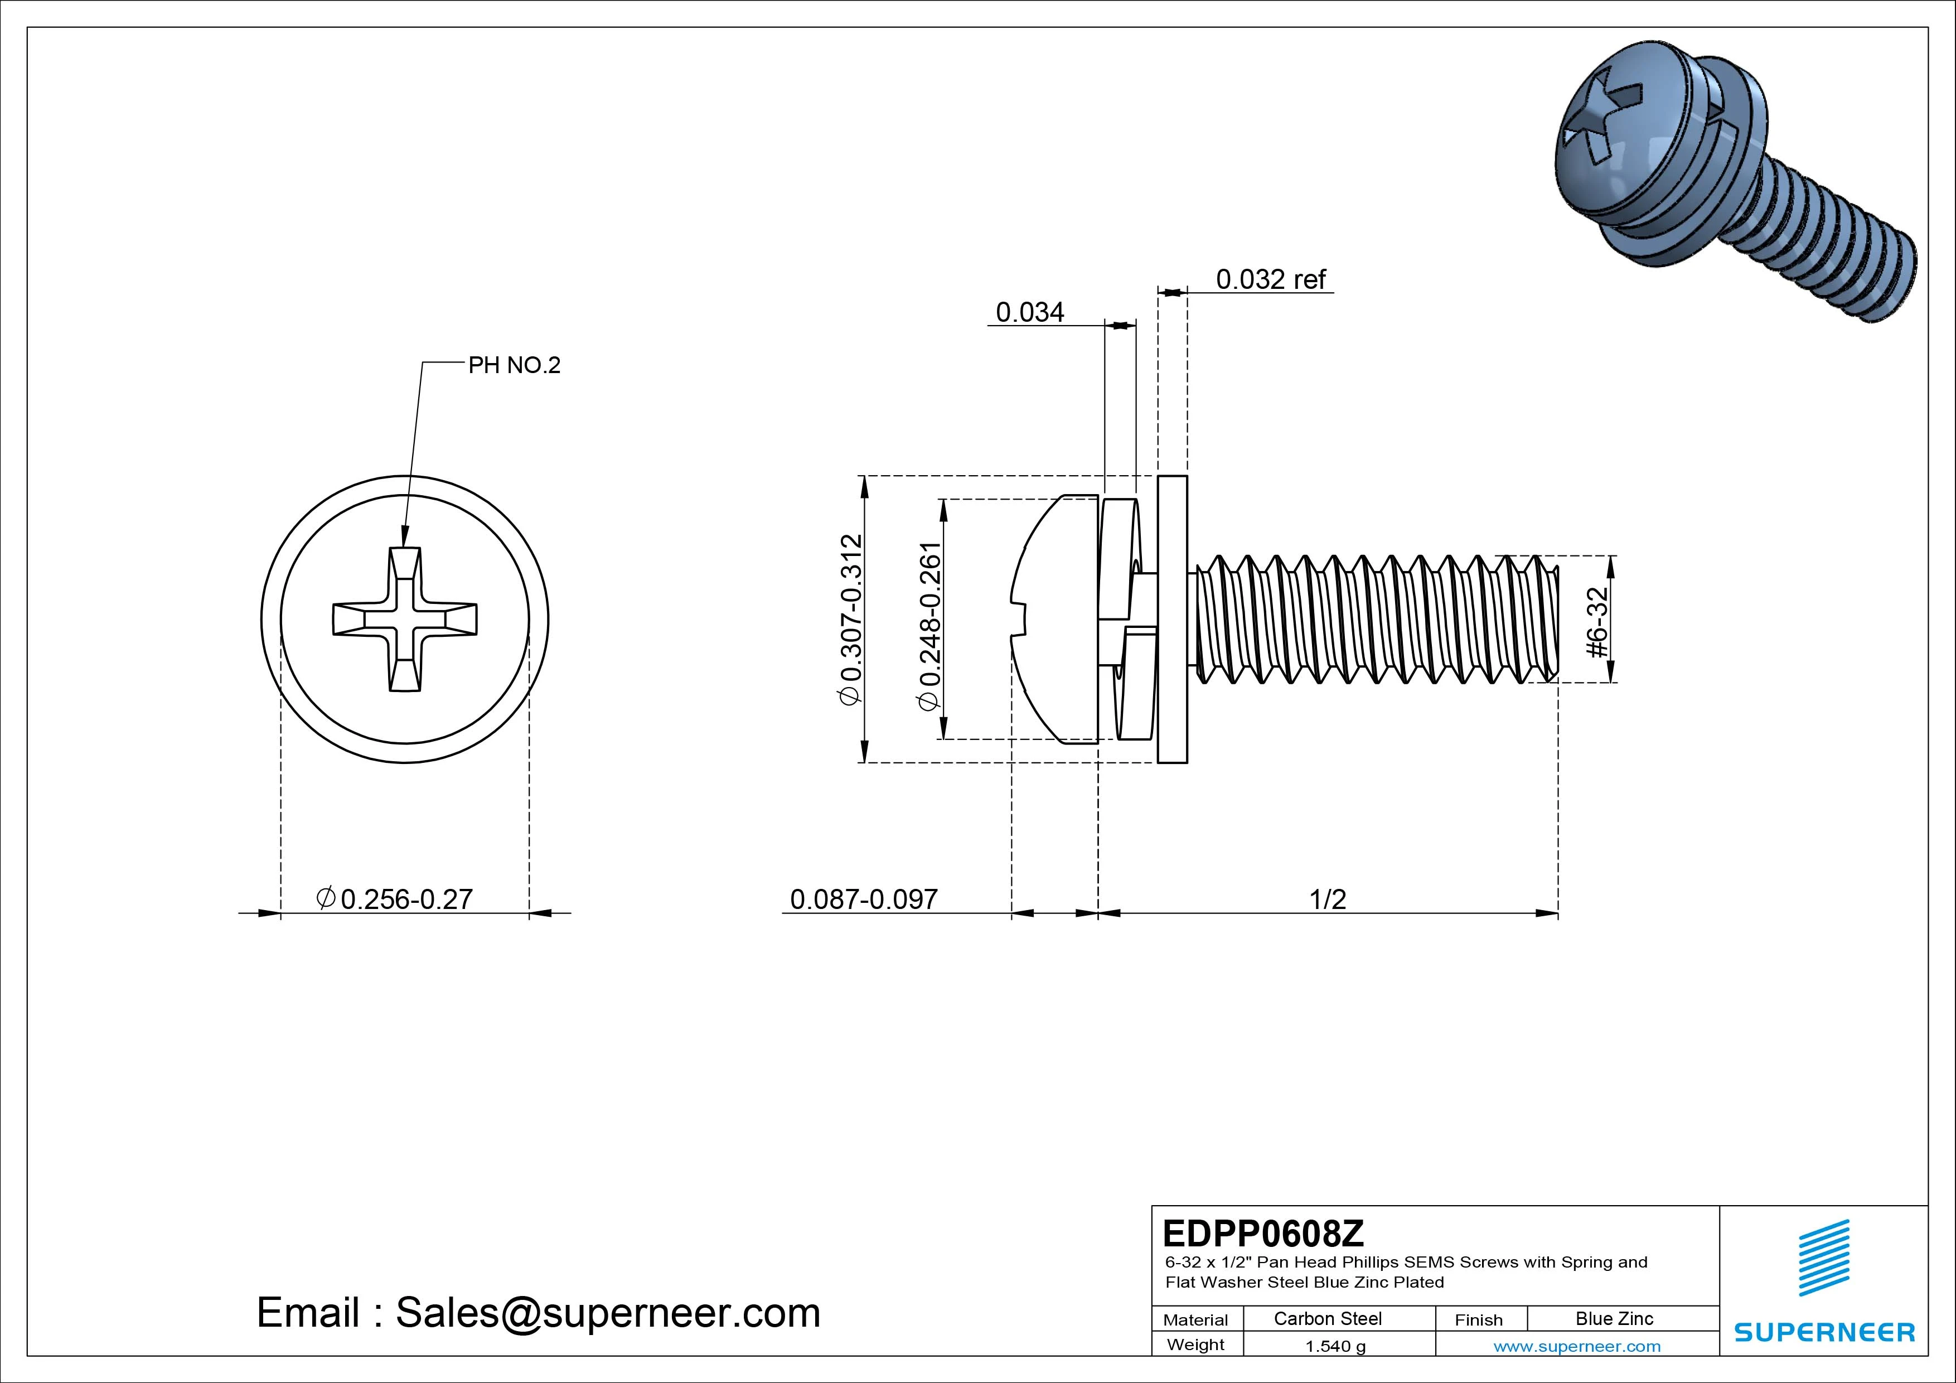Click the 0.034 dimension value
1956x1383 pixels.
1029,313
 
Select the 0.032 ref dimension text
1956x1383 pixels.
1270,279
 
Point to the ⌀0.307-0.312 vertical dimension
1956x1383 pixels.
852,620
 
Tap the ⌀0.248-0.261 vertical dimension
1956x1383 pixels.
929,626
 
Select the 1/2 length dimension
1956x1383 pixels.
1327,899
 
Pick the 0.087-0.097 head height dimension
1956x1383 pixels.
863,899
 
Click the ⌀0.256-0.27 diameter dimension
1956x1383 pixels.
394,899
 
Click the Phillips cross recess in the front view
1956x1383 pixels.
405,620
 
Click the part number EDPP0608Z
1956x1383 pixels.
1263,1233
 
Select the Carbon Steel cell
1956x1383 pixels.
1327,1319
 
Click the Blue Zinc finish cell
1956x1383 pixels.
1614,1319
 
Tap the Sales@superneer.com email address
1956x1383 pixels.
607,1313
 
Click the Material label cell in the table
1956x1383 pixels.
1195,1320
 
